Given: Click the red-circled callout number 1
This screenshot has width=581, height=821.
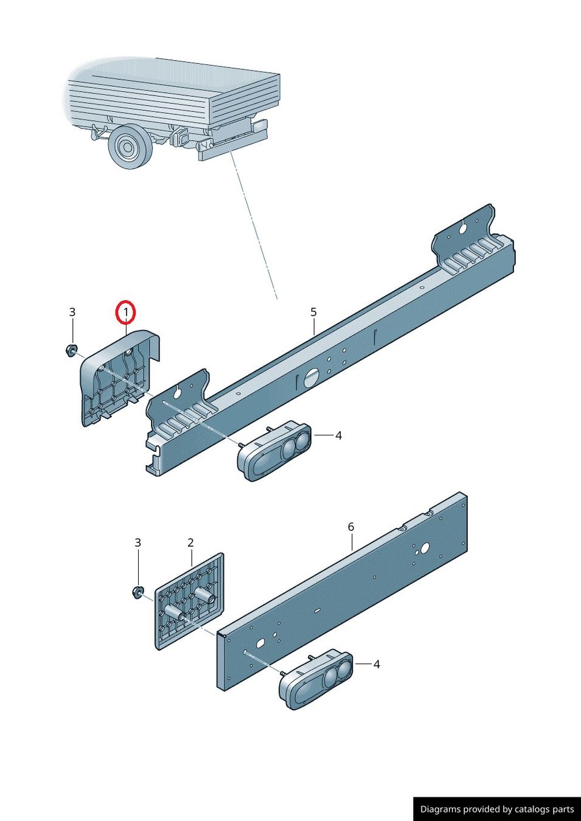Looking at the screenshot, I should (x=126, y=313).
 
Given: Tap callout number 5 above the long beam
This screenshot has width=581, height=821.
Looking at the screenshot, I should (x=313, y=312).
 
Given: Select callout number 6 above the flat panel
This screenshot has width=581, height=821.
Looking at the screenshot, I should (x=350, y=527).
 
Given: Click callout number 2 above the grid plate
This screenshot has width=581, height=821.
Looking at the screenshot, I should (x=190, y=542).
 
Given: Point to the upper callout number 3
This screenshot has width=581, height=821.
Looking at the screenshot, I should (x=72, y=312).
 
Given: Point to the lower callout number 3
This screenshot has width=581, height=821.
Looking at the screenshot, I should (x=137, y=542).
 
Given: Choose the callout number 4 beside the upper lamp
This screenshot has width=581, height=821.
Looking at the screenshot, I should (x=338, y=435).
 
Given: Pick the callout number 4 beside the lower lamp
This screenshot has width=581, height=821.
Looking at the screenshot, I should (x=376, y=665).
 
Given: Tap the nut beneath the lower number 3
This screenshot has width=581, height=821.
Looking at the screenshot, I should (x=138, y=592).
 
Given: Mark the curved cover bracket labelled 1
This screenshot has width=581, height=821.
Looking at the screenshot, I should (x=119, y=377).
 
